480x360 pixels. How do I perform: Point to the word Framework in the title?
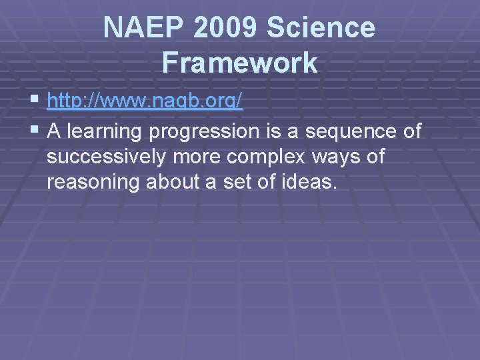239,63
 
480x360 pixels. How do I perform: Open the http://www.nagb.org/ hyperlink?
145,102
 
